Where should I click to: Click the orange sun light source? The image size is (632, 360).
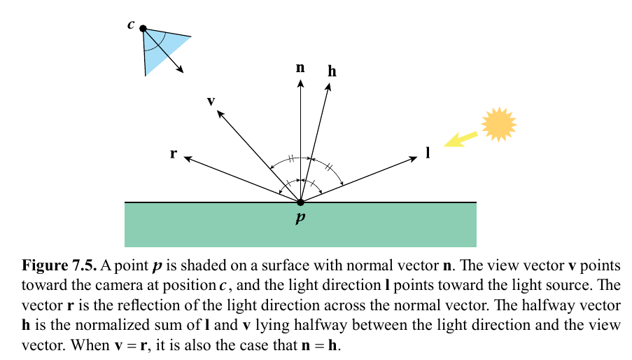click(x=498, y=123)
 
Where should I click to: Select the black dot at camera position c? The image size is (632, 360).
click(x=143, y=29)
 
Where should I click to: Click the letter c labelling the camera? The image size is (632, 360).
click(x=131, y=25)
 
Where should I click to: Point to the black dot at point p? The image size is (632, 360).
click(x=300, y=202)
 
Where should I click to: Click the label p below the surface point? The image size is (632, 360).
click(x=300, y=218)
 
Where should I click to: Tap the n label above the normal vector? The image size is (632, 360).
click(x=300, y=67)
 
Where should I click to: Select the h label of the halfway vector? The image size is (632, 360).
click(x=332, y=71)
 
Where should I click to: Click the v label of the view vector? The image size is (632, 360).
click(x=211, y=101)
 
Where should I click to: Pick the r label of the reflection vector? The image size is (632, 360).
click(x=173, y=153)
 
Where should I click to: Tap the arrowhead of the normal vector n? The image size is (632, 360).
click(x=300, y=83)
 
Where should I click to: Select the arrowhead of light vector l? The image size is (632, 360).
click(x=413, y=159)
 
